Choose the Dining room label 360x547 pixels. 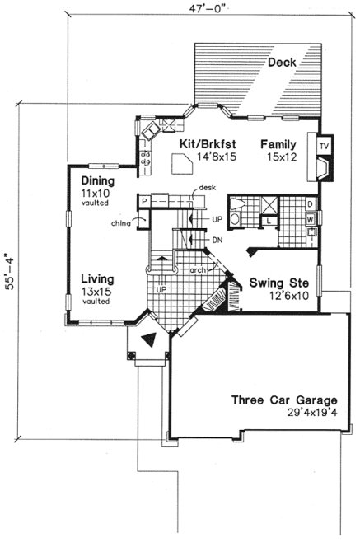98,181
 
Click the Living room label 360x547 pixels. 97,278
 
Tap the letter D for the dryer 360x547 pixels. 310,203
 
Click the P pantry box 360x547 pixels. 144,201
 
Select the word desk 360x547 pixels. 206,188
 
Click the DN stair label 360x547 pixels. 217,240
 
